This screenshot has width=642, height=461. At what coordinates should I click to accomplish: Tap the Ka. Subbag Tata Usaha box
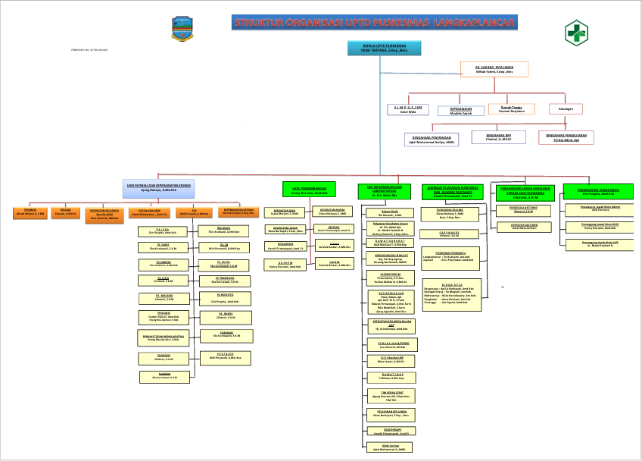click(x=494, y=70)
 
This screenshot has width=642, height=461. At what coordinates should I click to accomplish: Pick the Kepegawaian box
click(x=461, y=111)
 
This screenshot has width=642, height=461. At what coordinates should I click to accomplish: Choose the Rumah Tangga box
click(x=511, y=110)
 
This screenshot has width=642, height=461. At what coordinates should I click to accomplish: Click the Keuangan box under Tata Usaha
click(x=566, y=109)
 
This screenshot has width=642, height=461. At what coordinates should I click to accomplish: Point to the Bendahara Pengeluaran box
click(x=567, y=137)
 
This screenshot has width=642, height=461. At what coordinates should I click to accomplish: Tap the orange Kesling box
click(x=67, y=213)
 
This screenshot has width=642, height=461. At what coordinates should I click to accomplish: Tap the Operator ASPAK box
click(x=519, y=226)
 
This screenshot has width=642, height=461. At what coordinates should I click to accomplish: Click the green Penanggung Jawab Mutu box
click(x=598, y=191)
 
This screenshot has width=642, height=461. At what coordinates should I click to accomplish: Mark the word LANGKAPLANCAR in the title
click(x=469, y=24)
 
